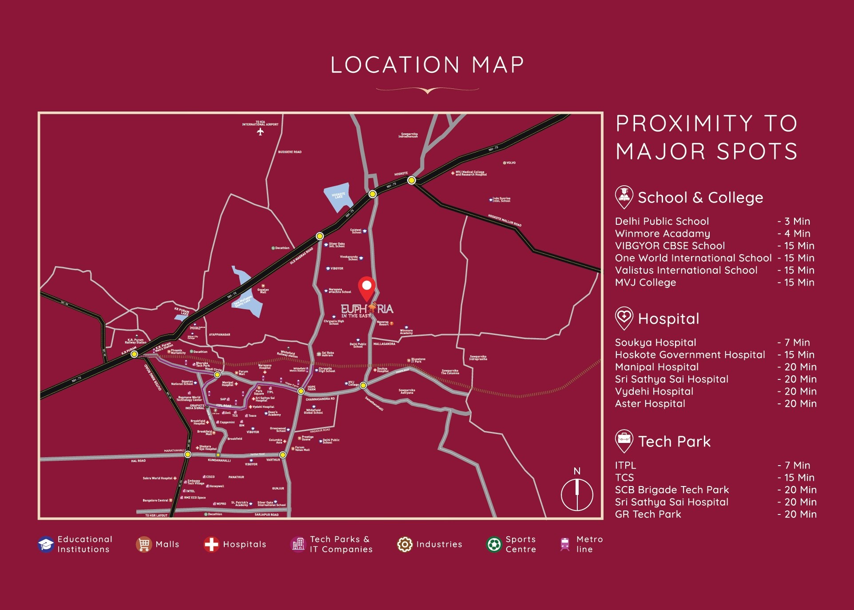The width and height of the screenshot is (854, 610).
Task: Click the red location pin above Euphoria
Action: coord(366,287)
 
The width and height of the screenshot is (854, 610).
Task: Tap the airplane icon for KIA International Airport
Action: coord(260,132)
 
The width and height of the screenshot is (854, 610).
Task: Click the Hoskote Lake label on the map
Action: coord(338,195)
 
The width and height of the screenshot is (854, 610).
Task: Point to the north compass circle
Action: coord(577,494)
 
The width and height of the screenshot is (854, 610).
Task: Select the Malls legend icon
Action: coord(143,544)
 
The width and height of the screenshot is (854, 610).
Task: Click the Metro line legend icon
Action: coord(565,544)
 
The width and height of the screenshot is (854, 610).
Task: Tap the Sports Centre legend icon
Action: coord(494,544)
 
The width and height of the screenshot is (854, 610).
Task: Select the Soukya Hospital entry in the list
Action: coord(655,343)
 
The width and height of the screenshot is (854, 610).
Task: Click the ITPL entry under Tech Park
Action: coord(625,465)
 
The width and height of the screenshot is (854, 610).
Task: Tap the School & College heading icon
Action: coord(624,196)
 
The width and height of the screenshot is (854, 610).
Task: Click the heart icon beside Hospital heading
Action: coord(624,318)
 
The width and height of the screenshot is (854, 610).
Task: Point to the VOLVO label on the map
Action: coord(510,163)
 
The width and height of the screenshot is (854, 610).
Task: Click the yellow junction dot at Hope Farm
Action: coord(301,391)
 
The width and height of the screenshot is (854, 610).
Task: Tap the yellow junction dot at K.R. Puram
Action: coord(134,354)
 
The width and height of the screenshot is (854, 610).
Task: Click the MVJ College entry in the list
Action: coord(645,283)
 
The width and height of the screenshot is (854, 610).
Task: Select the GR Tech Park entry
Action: coord(648,514)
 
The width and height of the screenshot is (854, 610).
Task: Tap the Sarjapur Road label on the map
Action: coord(266,514)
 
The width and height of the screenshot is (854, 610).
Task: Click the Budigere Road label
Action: coord(290,152)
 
